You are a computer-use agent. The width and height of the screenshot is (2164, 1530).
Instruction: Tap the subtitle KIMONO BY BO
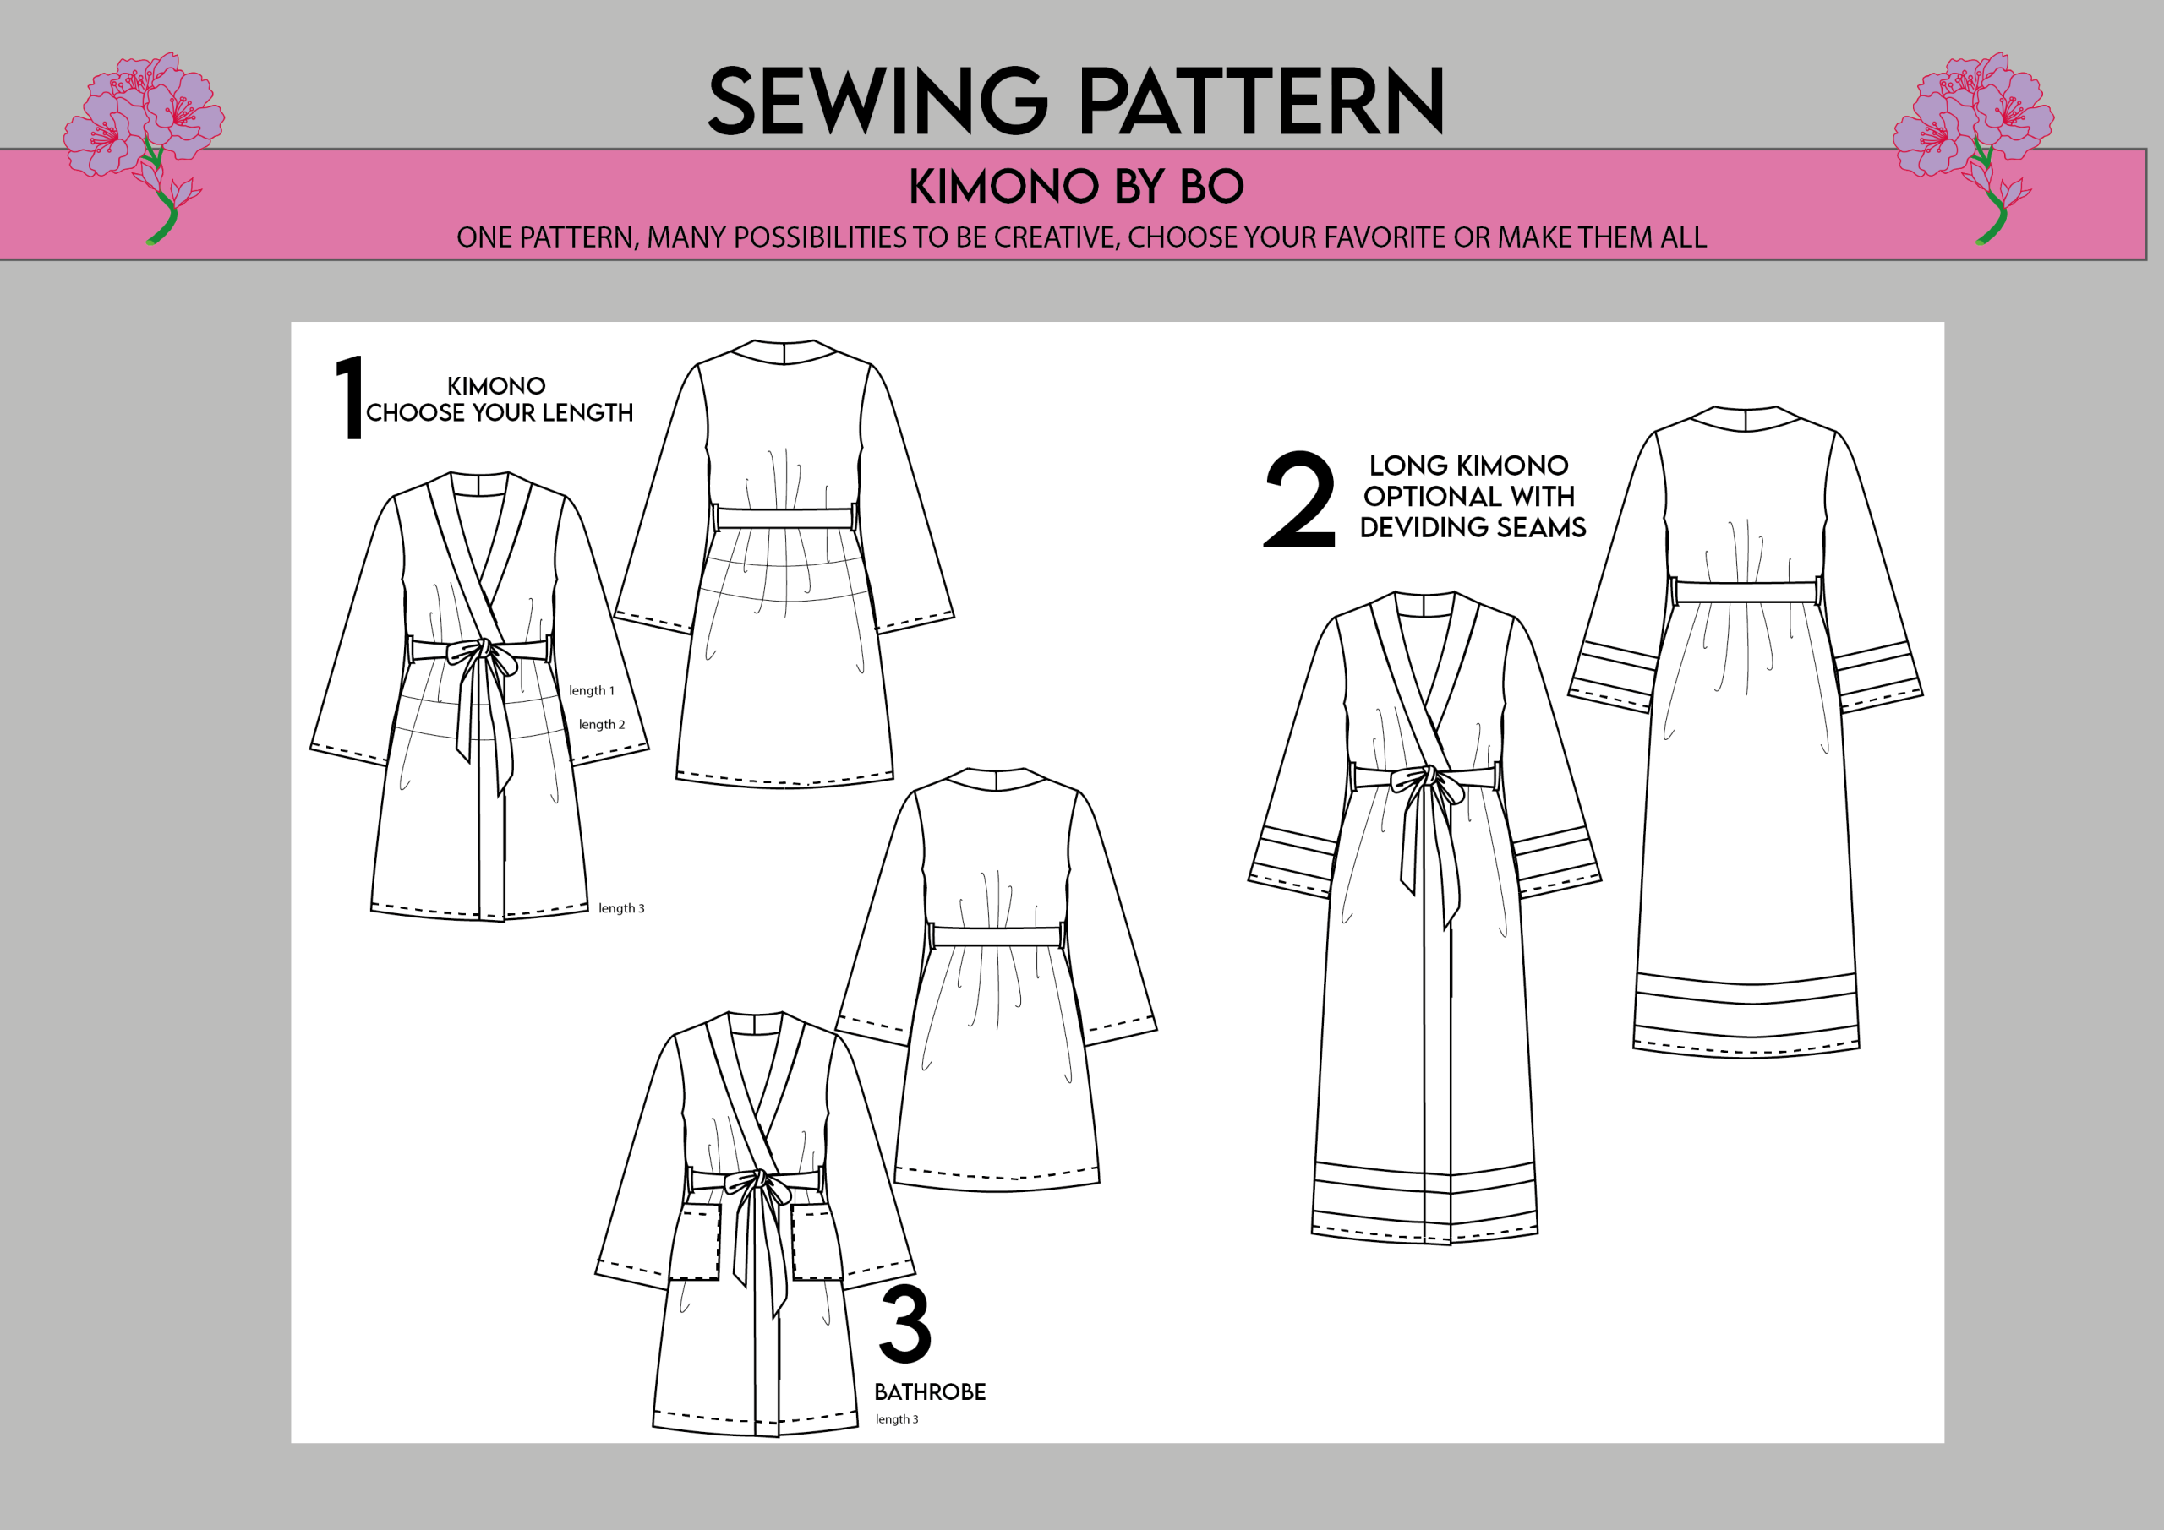pyautogui.click(x=1075, y=187)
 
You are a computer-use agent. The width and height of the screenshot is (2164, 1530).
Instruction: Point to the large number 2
pyautogui.click(x=1298, y=499)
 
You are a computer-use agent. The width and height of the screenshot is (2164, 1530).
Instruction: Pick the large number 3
pyautogui.click(x=904, y=1324)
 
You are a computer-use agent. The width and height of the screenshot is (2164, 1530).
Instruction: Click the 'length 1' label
pyautogui.click(x=591, y=690)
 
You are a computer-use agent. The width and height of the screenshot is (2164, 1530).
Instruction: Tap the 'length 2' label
pyautogui.click(x=601, y=725)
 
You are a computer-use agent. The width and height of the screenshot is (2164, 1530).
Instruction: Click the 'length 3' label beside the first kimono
pyautogui.click(x=621, y=908)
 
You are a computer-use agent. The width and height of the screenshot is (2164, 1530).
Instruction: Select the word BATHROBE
pyautogui.click(x=929, y=1391)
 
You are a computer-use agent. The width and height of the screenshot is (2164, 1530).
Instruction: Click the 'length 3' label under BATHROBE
pyautogui.click(x=896, y=1418)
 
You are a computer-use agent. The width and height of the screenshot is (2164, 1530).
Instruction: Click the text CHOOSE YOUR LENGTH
pyautogui.click(x=500, y=412)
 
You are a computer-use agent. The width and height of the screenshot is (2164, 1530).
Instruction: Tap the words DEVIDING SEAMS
pyautogui.click(x=1473, y=527)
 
